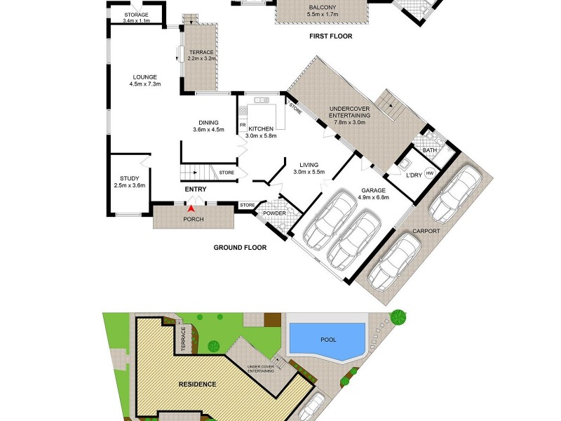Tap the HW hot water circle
pyautogui.click(x=430, y=173)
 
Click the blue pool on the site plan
pyautogui.click(x=328, y=339)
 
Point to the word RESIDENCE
pyautogui.click(x=196, y=385)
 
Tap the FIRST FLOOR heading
pyautogui.click(x=330, y=36)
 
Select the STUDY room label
pyautogui.click(x=129, y=178)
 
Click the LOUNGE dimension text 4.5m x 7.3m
pyautogui.click(x=145, y=85)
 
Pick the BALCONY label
pyautogui.click(x=322, y=8)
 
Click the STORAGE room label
pyautogui.click(x=136, y=15)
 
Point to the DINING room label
pyautogui.click(x=208, y=122)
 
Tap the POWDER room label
pyautogui.click(x=275, y=213)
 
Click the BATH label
pyautogui.click(x=430, y=149)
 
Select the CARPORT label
pyautogui.click(x=426, y=230)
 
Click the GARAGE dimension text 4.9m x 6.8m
pyautogui.click(x=373, y=197)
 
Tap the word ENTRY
pyautogui.click(x=196, y=189)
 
